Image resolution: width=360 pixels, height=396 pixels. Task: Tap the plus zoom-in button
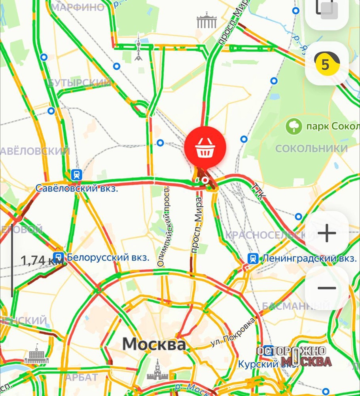click(327, 234)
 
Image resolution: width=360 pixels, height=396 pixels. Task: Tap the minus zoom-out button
click(327, 288)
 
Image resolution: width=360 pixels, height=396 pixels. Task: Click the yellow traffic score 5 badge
click(325, 64)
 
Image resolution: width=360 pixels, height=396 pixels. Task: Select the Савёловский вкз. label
click(77, 188)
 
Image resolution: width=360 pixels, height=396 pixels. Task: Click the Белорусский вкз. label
click(108, 257)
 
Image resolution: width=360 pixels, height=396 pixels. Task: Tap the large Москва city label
click(154, 344)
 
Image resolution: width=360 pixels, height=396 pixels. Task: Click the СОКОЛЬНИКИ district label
click(311, 149)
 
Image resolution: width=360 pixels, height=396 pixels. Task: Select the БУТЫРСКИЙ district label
click(79, 83)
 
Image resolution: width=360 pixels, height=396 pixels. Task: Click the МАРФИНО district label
click(78, 8)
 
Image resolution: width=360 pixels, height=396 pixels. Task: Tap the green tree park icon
click(294, 127)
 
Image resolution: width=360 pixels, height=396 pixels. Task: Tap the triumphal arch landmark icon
click(207, 21)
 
